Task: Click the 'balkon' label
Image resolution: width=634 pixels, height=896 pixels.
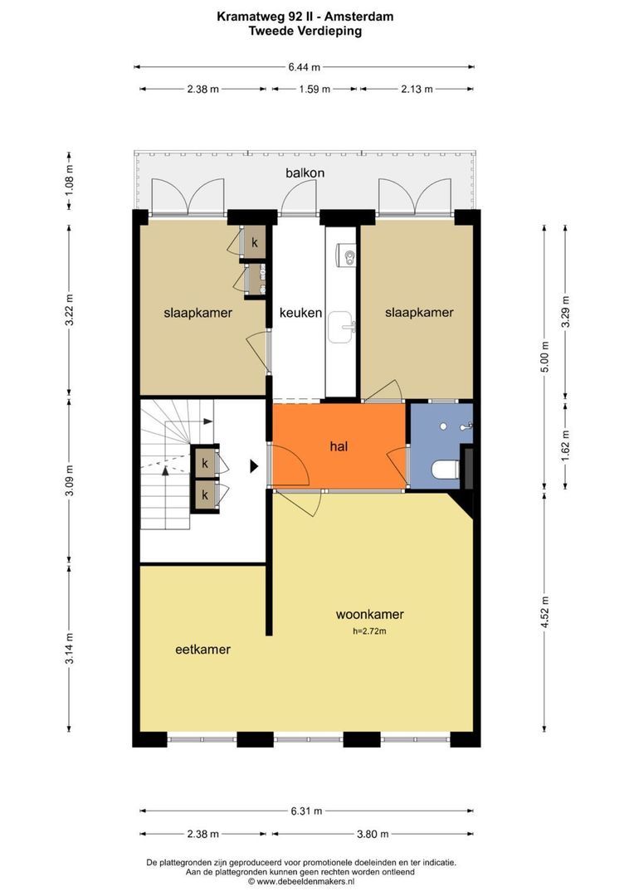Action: coord(305,173)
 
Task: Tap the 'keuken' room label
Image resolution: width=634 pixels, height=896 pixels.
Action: coord(300,313)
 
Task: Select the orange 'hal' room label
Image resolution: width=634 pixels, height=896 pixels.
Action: coord(339,446)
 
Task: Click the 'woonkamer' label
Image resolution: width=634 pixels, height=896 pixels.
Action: coord(369,614)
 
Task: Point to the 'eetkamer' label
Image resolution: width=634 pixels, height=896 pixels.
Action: coord(203,649)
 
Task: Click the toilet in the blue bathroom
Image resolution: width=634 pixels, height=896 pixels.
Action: coord(446,470)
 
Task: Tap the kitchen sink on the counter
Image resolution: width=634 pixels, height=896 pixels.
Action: coord(341,327)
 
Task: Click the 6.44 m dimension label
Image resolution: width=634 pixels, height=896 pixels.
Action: coord(304,67)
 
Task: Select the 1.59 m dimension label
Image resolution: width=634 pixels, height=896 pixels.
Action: coord(315,89)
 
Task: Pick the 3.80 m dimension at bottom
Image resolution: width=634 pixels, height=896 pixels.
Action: coord(373,834)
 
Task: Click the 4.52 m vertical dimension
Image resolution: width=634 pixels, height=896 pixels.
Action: coord(545,612)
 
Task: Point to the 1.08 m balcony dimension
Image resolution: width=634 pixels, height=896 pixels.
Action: coord(69,179)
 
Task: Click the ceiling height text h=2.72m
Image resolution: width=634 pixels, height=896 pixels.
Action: coord(369,631)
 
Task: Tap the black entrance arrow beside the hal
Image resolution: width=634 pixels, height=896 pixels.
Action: coord(254,466)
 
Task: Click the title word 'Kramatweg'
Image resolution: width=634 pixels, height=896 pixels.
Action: coord(247,17)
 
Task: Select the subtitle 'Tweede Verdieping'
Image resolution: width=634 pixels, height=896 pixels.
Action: coord(305,31)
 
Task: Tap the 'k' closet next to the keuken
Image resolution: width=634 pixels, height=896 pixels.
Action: coord(255,243)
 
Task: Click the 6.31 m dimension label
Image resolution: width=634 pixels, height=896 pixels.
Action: coord(306,811)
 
